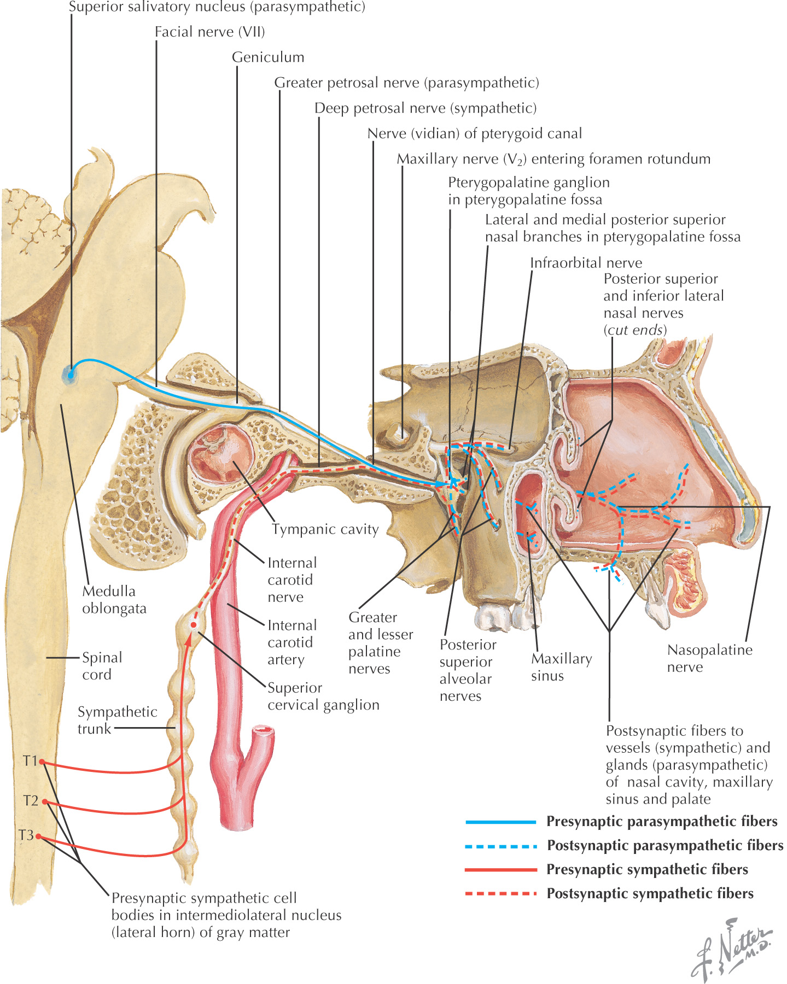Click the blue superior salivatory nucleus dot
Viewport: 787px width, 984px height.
[69, 375]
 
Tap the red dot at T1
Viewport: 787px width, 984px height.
[42, 762]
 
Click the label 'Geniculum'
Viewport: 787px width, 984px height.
[268, 57]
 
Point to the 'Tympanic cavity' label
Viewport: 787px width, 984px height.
[325, 529]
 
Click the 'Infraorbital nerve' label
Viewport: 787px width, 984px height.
[586, 263]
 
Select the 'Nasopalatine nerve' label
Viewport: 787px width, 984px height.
[710, 658]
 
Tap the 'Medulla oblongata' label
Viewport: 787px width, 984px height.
[114, 600]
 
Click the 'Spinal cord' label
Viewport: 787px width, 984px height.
[102, 666]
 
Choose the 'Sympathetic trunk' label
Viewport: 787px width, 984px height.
[117, 720]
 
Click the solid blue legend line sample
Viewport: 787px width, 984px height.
[500, 822]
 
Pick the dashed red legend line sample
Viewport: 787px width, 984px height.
[500, 894]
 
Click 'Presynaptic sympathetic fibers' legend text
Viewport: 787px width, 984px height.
[647, 870]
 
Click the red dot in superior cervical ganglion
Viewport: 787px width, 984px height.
[193, 625]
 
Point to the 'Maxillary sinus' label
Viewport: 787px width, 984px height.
[562, 667]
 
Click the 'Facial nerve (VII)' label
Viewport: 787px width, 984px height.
[210, 32]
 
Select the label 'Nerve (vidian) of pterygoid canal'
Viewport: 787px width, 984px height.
[475, 134]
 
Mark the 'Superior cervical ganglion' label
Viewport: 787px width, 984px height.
[323, 696]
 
